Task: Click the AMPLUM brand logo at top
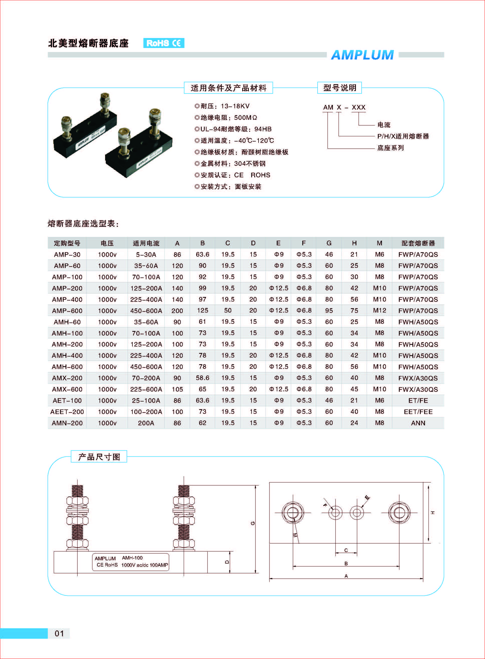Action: tap(362, 55)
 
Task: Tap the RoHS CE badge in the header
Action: tap(163, 43)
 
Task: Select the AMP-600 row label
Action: tap(67, 310)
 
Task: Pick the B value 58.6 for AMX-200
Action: tap(202, 378)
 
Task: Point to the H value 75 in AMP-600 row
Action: tap(354, 310)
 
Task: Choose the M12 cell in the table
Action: tap(379, 310)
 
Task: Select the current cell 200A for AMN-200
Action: tap(146, 423)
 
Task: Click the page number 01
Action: tap(59, 633)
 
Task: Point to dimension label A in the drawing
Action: tap(346, 576)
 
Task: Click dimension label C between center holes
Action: tap(346, 550)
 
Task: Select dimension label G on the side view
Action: tap(253, 523)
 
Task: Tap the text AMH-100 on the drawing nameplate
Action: tap(132, 558)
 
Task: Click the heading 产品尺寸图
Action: tap(99, 457)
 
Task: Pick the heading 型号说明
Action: tap(339, 88)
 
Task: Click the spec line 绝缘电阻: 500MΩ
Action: tap(226, 117)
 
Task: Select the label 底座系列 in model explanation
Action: tap(390, 148)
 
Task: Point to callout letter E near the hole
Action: tap(367, 497)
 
